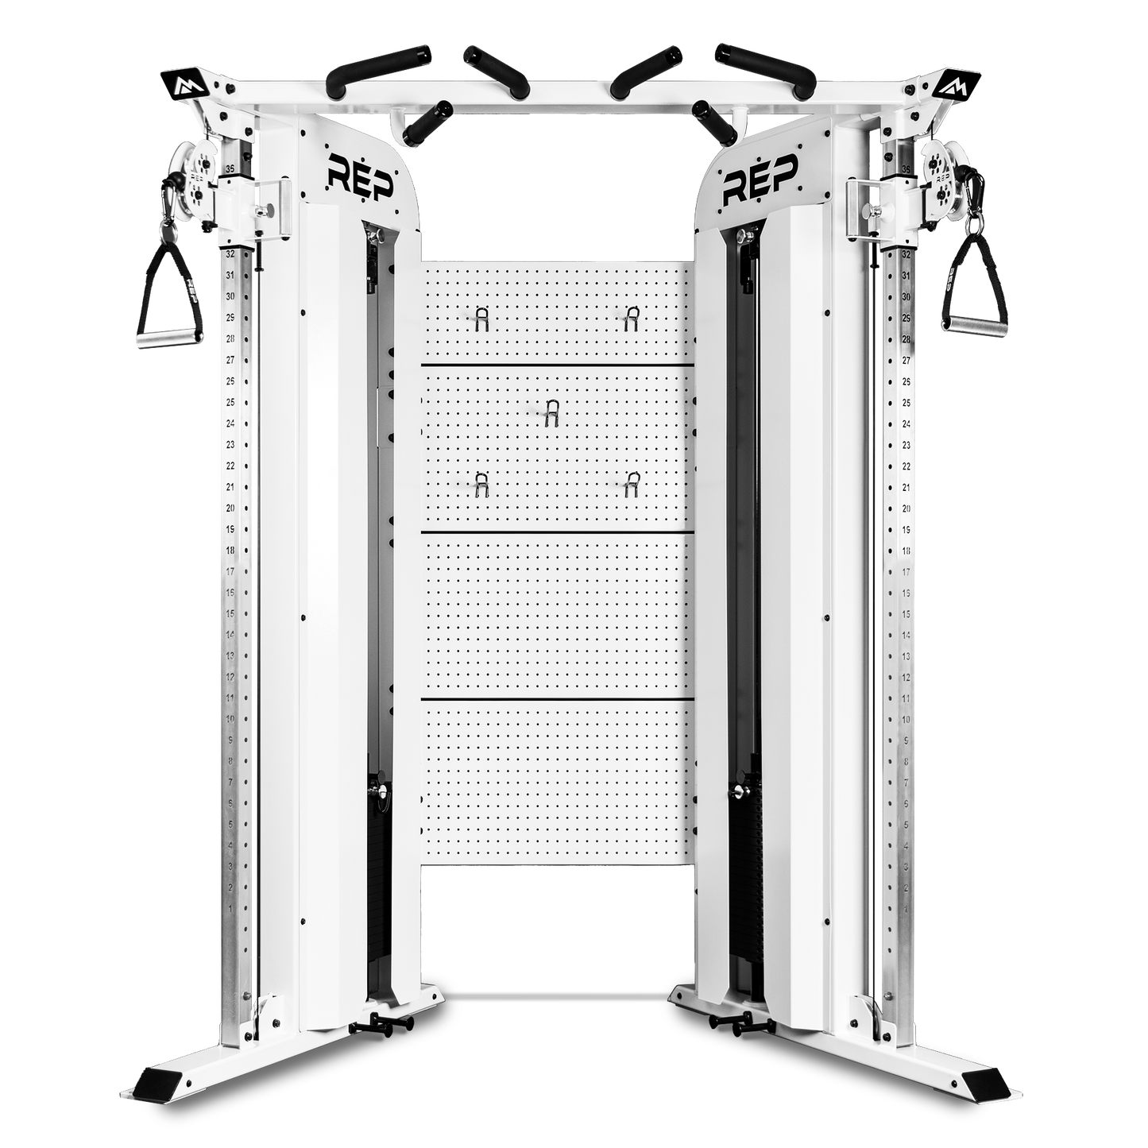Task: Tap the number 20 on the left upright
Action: point(230,508)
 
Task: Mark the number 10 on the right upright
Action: point(906,719)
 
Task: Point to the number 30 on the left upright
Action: point(230,296)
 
